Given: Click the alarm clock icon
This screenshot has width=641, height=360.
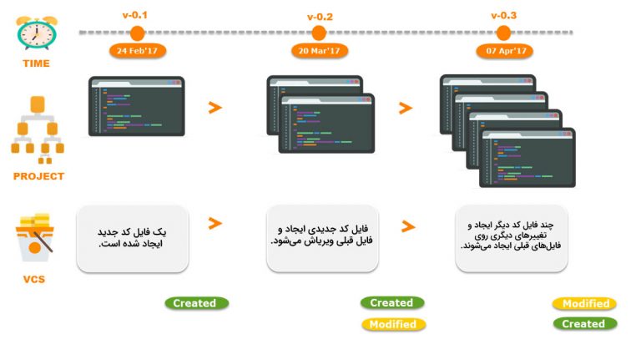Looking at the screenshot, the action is point(37,33).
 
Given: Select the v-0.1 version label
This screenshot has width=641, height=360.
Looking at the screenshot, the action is point(135,16).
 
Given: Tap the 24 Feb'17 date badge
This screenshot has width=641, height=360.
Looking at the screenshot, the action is point(138,51).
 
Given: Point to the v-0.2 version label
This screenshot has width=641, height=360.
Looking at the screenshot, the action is point(320,18).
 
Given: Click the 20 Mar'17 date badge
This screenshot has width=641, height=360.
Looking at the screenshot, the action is point(320,51).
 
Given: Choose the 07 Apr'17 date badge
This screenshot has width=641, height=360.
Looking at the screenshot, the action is point(504,51).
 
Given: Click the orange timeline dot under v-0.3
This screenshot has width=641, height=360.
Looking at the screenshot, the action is point(503,33).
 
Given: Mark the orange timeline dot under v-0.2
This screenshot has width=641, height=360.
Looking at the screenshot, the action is point(319,33).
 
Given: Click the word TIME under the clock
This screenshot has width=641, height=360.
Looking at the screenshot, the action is point(37,63).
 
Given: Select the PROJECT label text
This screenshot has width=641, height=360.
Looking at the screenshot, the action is point(39,176).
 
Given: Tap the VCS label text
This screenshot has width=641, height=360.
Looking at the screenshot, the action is point(34,280).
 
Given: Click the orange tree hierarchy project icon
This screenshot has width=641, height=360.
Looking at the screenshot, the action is point(38,129).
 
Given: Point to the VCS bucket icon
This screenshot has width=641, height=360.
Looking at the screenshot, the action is point(35,237).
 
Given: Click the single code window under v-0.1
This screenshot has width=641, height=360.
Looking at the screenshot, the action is point(137,106).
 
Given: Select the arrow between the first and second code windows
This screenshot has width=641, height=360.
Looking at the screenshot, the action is point(215,108).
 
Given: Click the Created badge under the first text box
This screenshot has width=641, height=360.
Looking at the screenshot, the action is point(197,303).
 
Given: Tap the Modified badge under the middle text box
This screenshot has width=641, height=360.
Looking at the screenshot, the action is point(394,324).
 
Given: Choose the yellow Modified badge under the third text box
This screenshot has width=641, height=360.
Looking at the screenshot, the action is point(584,303).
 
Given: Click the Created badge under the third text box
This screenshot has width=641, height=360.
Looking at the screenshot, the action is point(585,323).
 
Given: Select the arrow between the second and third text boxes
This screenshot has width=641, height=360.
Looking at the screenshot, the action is point(408,226).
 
